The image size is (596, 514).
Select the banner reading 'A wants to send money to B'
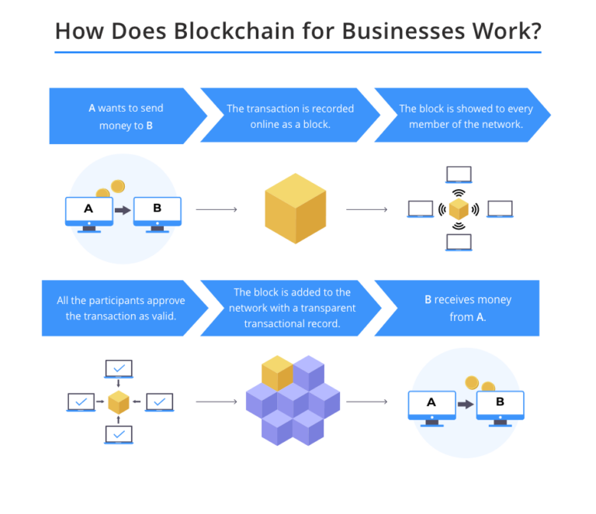[124, 116]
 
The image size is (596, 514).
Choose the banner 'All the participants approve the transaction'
[120, 308]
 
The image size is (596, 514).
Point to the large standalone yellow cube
[295, 208]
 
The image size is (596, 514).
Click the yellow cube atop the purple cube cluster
[277, 373]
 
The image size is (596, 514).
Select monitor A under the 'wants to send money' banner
[88, 211]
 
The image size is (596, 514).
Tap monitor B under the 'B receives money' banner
[499, 405]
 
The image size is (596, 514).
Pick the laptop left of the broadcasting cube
[421, 209]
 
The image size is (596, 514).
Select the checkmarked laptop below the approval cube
[118, 434]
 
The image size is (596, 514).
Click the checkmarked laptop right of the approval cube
[159, 402]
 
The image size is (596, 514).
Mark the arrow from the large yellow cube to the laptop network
[366, 209]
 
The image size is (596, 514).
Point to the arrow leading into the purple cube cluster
[217, 402]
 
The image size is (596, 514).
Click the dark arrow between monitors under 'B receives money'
[465, 404]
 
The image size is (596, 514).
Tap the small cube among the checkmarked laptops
[118, 402]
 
